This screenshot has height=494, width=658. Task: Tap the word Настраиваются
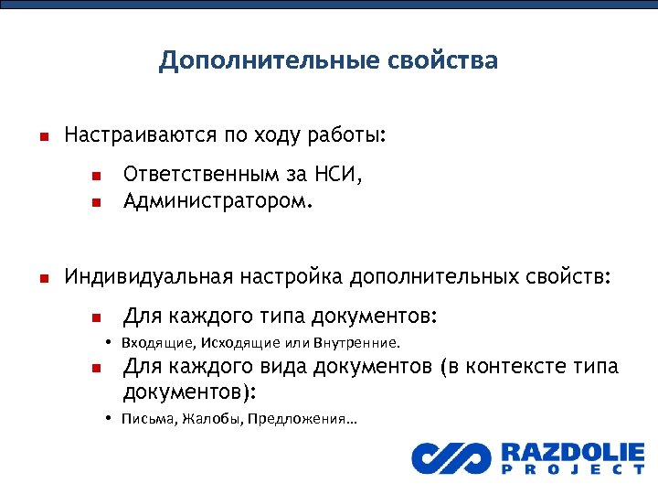click(140, 136)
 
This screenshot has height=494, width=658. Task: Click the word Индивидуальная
click(149, 276)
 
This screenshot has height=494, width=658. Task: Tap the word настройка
click(292, 276)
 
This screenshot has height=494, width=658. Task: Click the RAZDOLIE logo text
click(572, 452)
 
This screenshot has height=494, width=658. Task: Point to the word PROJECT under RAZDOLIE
click(572, 470)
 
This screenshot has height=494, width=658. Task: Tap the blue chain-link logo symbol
click(451, 457)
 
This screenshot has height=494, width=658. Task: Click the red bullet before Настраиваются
click(41, 138)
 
